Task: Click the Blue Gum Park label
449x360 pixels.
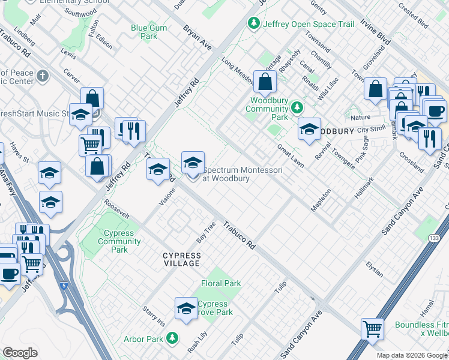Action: click(144, 32)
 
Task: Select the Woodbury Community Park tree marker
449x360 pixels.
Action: click(296, 107)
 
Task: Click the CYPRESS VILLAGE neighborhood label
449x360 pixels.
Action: click(182, 259)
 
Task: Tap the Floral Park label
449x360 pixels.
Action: click(221, 283)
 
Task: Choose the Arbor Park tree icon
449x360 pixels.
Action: click(172, 339)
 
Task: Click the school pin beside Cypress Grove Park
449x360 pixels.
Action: click(187, 309)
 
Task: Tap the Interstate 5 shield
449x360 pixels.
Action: click(64, 286)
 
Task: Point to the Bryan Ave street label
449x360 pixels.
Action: click(197, 37)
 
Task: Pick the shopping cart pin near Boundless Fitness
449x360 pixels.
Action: click(372, 329)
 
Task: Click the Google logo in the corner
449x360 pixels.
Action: click(20, 353)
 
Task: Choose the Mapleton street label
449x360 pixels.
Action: click(321, 200)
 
